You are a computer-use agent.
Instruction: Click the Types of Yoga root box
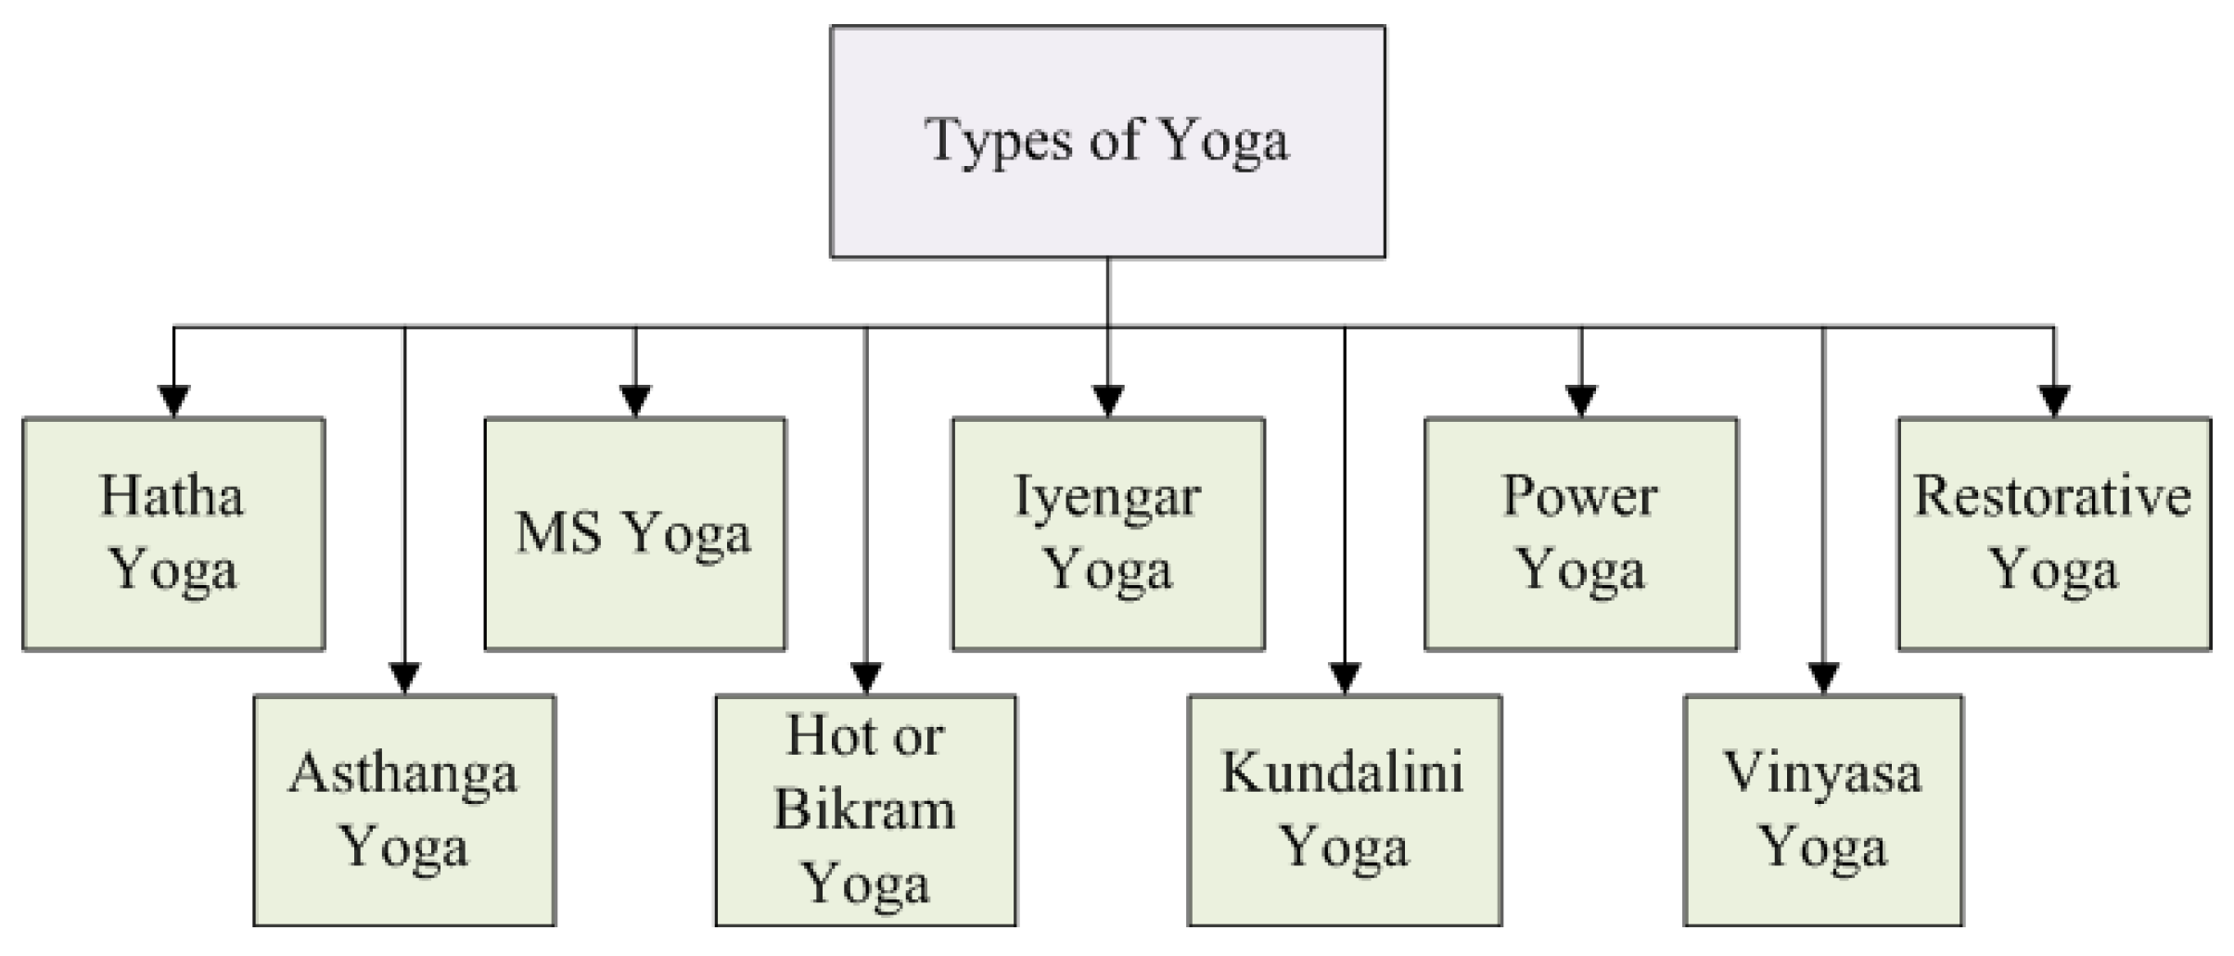(1107, 141)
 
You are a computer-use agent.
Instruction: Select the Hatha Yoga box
(173, 533)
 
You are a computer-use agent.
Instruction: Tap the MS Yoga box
(634, 533)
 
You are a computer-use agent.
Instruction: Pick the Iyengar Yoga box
(1107, 533)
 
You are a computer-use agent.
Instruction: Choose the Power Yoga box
(1580, 533)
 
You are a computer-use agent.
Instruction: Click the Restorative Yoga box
(2053, 533)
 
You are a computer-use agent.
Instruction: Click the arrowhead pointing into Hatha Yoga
(173, 401)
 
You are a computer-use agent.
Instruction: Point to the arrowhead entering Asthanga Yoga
(404, 678)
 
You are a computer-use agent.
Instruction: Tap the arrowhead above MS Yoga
(634, 401)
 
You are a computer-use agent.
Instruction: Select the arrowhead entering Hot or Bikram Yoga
(865, 678)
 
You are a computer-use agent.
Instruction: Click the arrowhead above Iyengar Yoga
(1107, 401)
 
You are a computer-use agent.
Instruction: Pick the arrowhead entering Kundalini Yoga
(1345, 678)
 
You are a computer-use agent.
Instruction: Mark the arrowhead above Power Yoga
(1580, 401)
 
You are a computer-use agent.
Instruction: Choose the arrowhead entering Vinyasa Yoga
(1823, 678)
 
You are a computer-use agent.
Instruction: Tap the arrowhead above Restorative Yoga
(2053, 401)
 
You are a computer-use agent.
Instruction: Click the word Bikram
(864, 809)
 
